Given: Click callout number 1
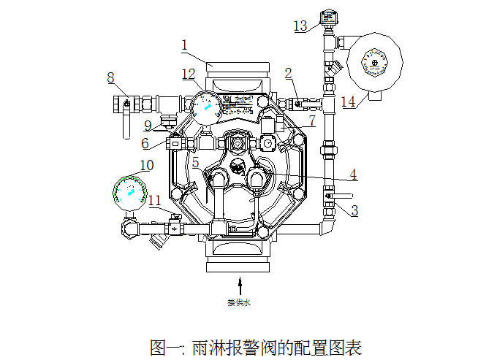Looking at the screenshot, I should coord(185,46).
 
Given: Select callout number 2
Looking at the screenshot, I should coord(289,73).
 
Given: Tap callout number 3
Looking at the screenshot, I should coord(354,212).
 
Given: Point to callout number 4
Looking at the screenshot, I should coord(353,175).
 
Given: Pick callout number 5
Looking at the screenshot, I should coord(195,162).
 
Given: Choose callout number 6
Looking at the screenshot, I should coord(145,143).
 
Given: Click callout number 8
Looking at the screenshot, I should coord(111,77).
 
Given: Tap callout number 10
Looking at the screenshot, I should coord(146,166).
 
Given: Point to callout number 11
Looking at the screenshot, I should coord(155,199).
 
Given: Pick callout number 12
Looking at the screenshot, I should coord(189,74).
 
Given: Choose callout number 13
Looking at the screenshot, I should coord(300,26).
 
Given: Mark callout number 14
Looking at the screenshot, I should coord(348,102).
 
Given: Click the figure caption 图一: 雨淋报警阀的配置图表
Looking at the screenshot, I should coord(255,346).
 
